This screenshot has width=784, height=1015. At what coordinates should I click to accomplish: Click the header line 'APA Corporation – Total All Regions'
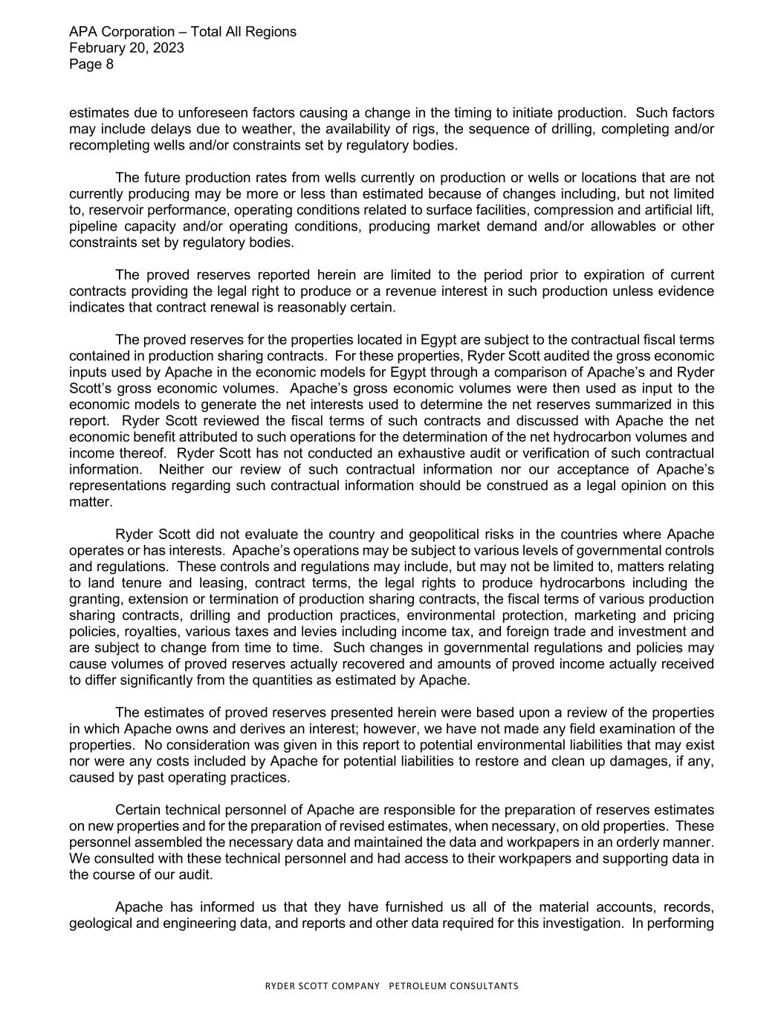point(182,32)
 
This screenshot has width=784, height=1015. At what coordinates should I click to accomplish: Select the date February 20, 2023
point(126,48)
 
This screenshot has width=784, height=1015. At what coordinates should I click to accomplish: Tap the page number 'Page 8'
point(91,65)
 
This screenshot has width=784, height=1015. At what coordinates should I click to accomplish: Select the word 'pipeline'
point(93,227)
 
